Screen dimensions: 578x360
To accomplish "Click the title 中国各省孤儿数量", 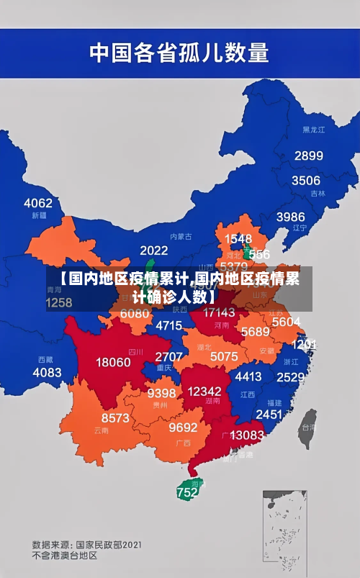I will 179,52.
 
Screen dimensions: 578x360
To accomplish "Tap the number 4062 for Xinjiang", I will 38,203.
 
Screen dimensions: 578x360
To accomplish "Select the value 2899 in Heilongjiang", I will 308,155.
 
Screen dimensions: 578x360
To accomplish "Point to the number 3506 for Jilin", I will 305,180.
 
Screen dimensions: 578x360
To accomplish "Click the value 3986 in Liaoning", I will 290,216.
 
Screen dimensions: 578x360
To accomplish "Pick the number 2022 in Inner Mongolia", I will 154,250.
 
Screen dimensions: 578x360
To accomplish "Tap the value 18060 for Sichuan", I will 114,362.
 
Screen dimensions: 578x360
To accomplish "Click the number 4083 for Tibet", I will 48,372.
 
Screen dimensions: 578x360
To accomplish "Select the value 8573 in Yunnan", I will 115,417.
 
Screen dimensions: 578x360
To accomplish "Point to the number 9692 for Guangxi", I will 183,427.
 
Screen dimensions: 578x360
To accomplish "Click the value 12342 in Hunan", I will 204,391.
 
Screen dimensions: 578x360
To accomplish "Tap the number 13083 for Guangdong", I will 247,435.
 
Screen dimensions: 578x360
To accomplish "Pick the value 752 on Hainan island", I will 186,493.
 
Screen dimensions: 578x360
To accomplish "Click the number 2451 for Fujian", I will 269,414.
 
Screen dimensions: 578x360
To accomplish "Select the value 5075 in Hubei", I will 224,356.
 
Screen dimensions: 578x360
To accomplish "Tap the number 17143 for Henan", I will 219,312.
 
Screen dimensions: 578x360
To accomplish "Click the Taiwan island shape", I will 307,425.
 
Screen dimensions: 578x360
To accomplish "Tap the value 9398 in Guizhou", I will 161,393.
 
